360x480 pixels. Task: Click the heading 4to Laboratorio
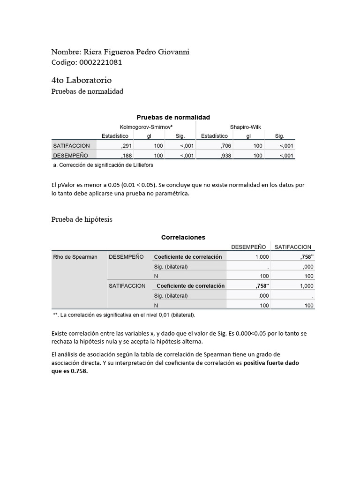tap(81, 81)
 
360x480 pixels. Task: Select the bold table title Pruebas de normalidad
tap(173, 117)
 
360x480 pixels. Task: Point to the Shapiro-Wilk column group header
tap(245, 127)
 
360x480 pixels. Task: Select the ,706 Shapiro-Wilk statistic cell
tap(225, 146)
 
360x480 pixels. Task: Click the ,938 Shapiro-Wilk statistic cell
tap(225, 156)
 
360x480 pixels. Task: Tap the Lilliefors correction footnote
tap(103, 165)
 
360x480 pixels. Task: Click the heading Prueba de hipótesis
tap(82, 219)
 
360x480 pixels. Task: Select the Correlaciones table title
tap(183, 238)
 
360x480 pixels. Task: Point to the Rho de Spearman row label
tap(75, 257)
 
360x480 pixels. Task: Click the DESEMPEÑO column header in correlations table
tap(248, 247)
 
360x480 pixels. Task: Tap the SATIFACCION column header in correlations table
tap(293, 247)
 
